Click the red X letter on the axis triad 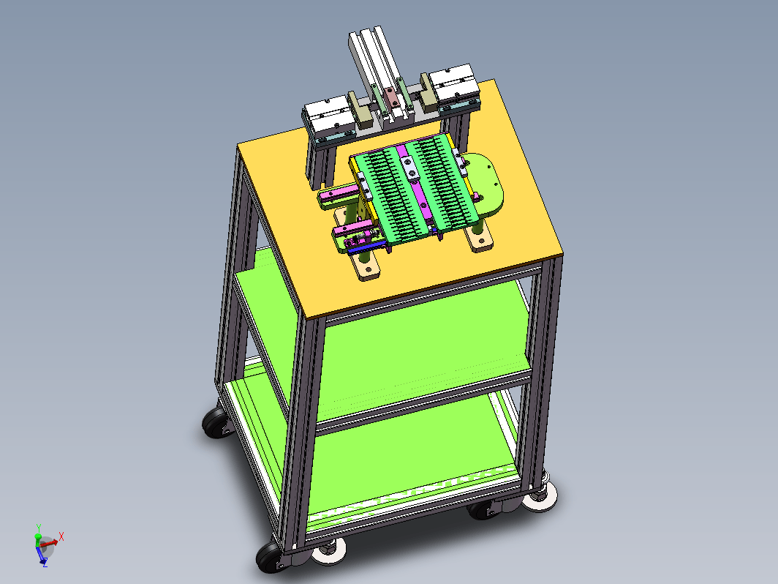pos(61,536)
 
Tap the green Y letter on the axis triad pos(39,528)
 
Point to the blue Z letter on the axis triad pos(45,564)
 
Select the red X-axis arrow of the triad pos(48,543)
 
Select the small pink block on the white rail pos(391,98)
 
